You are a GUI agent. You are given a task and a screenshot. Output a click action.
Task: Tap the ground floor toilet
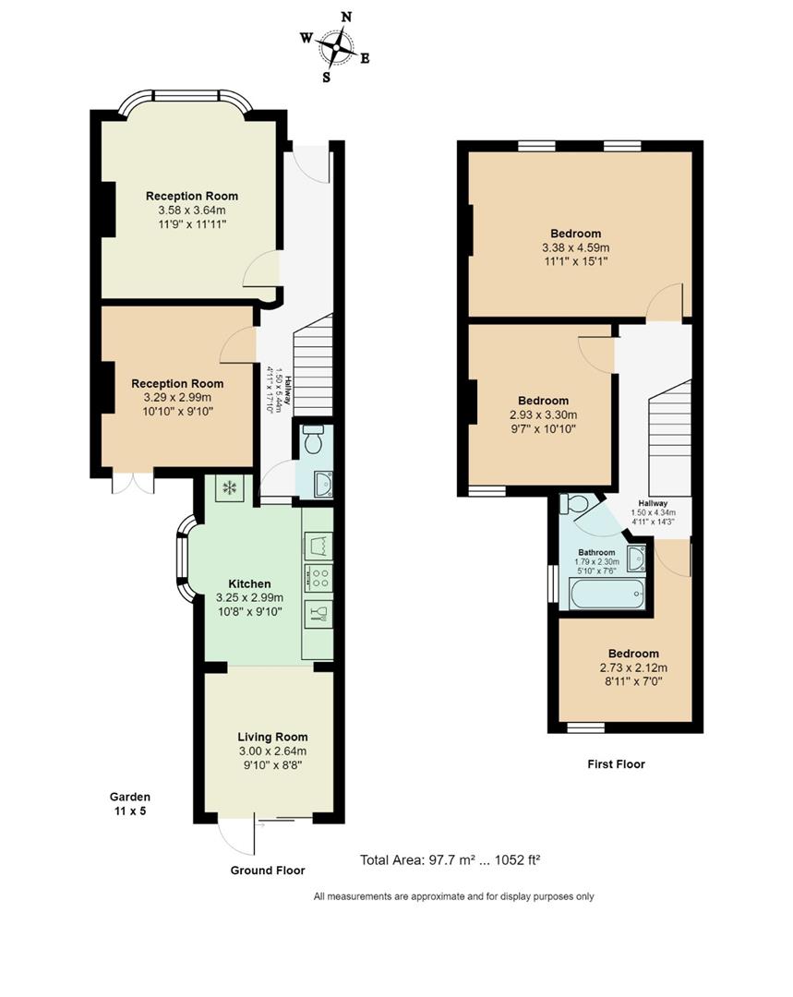click(x=312, y=442)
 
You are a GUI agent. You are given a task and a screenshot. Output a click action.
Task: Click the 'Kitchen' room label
click(x=249, y=583)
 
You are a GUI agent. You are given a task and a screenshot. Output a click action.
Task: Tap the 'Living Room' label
click(x=272, y=737)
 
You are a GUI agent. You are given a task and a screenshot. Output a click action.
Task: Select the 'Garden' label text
click(x=129, y=797)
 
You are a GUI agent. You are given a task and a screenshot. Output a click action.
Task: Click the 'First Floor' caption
click(x=616, y=763)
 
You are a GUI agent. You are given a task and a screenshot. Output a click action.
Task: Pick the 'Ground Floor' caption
click(x=267, y=870)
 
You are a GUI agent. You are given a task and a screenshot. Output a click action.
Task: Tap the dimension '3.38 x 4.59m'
click(x=575, y=247)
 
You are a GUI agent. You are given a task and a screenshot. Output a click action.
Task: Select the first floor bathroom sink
click(x=636, y=559)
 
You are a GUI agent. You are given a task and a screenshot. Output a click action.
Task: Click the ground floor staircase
click(x=312, y=365)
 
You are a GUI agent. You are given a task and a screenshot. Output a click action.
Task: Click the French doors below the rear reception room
click(x=129, y=483)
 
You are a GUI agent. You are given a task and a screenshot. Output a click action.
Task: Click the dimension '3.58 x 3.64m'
click(x=191, y=210)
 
